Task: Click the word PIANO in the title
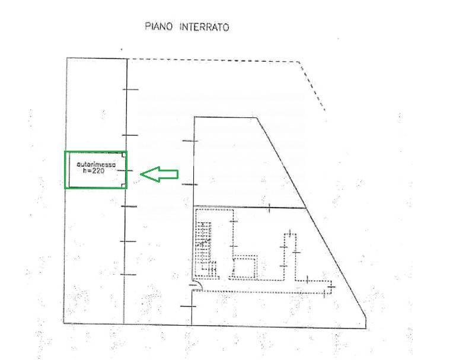tap(158, 27)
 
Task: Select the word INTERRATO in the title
tap(204, 27)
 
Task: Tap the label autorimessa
tap(96, 164)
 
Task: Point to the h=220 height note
tap(94, 171)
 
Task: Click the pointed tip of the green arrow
tap(141, 174)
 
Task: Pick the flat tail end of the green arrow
tap(178, 174)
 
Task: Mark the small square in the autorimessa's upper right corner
tap(124, 155)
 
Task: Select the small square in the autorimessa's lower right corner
tap(124, 186)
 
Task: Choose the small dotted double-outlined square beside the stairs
tap(245, 268)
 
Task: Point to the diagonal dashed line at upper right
tap(312, 86)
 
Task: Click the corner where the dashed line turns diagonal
tap(299, 62)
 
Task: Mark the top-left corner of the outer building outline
tap(67, 58)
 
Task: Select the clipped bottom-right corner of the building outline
tap(366, 318)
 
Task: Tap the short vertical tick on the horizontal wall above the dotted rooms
tap(269, 208)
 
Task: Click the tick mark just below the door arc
tap(188, 306)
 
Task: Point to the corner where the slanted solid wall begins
tap(257, 117)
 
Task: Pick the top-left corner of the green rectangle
tap(65, 152)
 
